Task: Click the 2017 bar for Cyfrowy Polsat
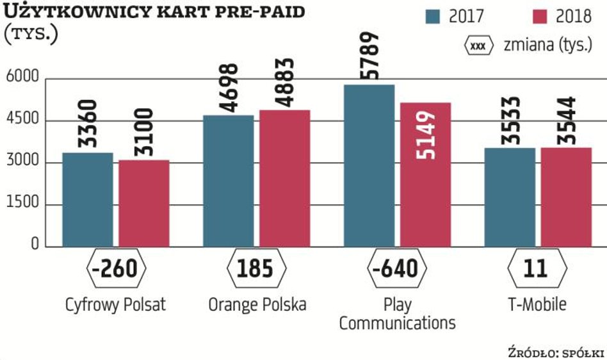(x=88, y=199)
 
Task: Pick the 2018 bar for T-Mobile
(x=566, y=197)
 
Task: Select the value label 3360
(x=88, y=124)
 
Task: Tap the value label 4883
(x=284, y=83)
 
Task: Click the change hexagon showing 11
(x=537, y=268)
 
